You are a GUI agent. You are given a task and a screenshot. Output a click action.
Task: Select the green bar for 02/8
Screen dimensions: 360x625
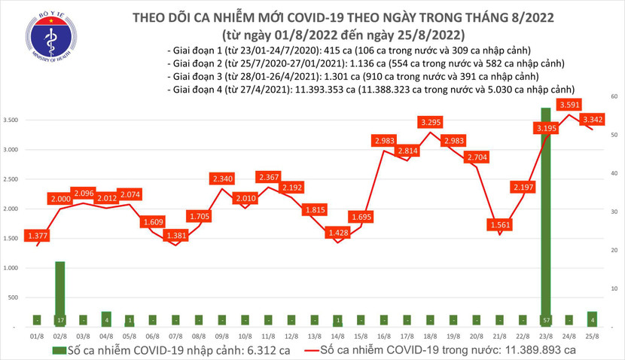click(x=59, y=294)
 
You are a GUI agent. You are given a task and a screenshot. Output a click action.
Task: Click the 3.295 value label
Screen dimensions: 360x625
click(x=431, y=121)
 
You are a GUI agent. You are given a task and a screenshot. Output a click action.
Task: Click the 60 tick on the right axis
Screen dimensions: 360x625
click(x=614, y=96)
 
